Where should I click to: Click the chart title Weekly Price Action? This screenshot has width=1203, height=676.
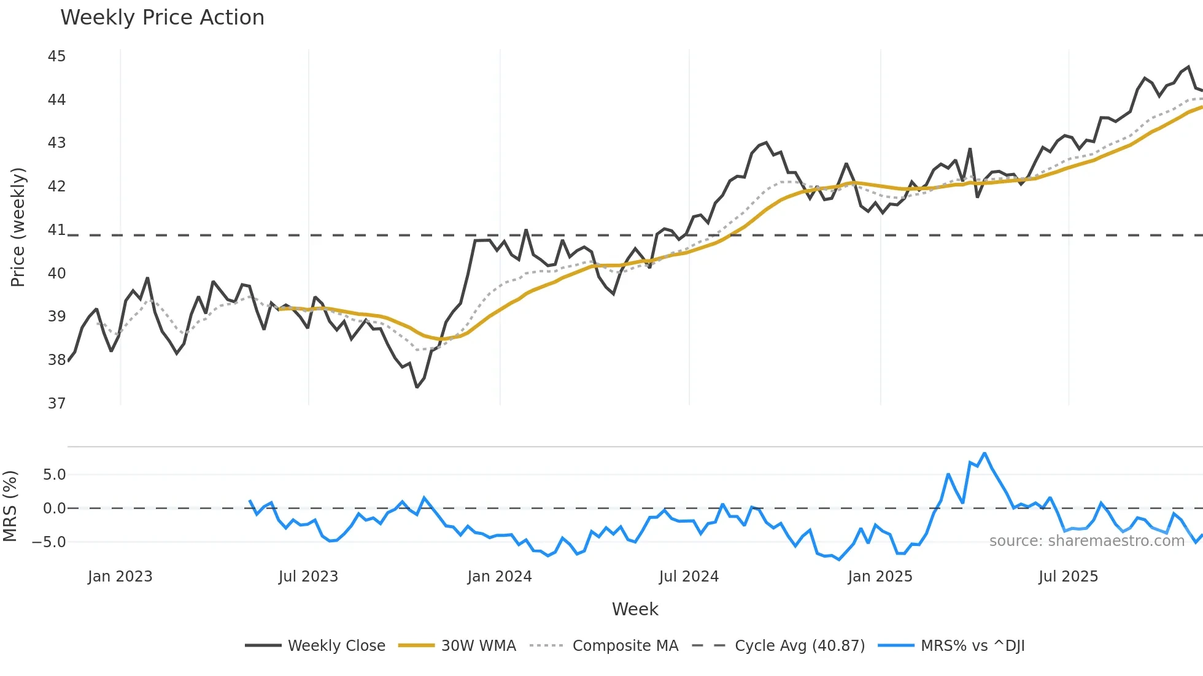tap(162, 18)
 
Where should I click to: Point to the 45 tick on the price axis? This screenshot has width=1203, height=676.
tap(56, 56)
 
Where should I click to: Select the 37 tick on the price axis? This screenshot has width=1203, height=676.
tap(56, 404)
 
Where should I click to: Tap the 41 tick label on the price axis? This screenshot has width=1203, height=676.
tap(56, 230)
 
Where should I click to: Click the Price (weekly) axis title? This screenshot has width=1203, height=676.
tap(18, 227)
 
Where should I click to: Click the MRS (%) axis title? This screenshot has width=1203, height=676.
tap(10, 506)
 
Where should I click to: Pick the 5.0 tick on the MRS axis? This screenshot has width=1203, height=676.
tap(54, 475)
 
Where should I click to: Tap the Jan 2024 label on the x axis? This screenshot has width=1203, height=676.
tap(499, 577)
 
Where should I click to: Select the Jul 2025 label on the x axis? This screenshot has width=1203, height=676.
tap(1068, 577)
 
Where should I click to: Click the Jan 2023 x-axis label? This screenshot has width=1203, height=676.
tap(120, 577)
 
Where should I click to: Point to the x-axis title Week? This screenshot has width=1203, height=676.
tap(635, 609)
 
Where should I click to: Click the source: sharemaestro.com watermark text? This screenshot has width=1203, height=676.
tap(1086, 541)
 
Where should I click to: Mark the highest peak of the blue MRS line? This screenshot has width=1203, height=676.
tap(984, 453)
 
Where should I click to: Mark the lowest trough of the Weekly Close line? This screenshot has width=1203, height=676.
tap(417, 387)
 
